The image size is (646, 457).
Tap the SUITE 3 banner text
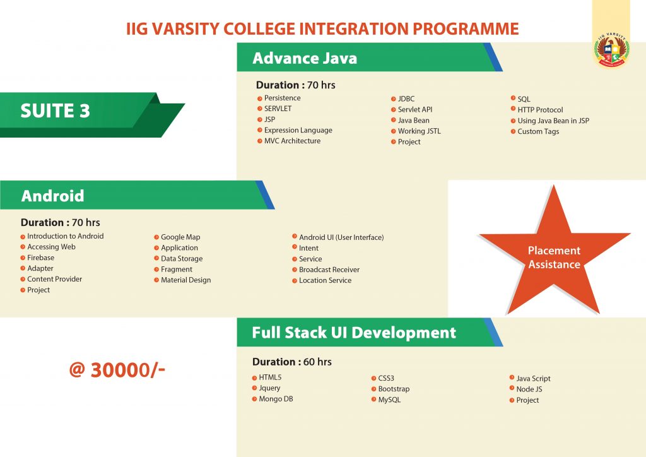pyautogui.click(x=56, y=110)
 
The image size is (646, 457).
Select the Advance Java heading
pyautogui.click(x=305, y=58)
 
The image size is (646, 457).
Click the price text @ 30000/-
pyautogui.click(x=117, y=370)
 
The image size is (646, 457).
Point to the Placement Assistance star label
pyautogui.click(x=554, y=257)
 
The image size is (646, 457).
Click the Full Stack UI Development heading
pyautogui.click(x=354, y=333)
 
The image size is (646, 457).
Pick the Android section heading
pyautogui.click(x=53, y=196)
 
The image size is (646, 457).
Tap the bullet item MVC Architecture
pyautogui.click(x=292, y=141)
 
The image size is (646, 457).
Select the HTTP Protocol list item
pyautogui.click(x=540, y=110)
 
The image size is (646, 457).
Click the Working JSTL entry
pyautogui.click(x=419, y=131)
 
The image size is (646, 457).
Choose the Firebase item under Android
pyautogui.click(x=40, y=258)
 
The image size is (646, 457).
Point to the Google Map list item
pyautogui.click(x=180, y=237)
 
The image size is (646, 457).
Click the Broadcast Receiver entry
pyautogui.click(x=329, y=270)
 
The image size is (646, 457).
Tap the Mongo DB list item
pyautogui.click(x=276, y=399)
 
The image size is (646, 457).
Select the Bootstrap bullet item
pyautogui.click(x=394, y=389)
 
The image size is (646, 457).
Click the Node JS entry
pyautogui.click(x=529, y=389)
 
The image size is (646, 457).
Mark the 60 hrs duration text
pyautogui.click(x=317, y=362)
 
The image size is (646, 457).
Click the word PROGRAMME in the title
pyautogui.click(x=466, y=29)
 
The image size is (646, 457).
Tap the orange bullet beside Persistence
pyautogui.click(x=259, y=98)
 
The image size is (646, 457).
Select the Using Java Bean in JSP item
pyautogui.click(x=553, y=121)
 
